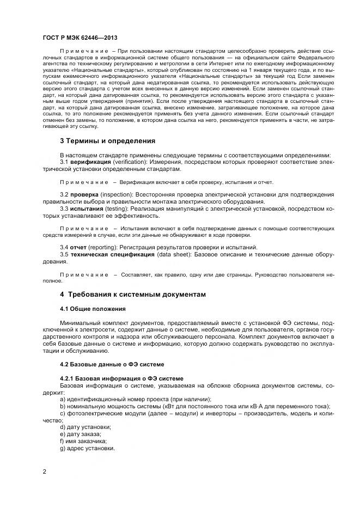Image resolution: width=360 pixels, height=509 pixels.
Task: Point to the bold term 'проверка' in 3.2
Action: pos(83,194)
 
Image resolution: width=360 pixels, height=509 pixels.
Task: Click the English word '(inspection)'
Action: pos(117,194)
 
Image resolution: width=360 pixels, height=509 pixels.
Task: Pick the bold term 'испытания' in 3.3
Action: pos(86,208)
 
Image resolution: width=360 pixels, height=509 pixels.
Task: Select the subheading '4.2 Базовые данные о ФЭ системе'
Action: pos(112,363)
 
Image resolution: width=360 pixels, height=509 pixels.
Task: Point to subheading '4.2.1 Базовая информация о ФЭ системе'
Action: pos(121,378)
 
